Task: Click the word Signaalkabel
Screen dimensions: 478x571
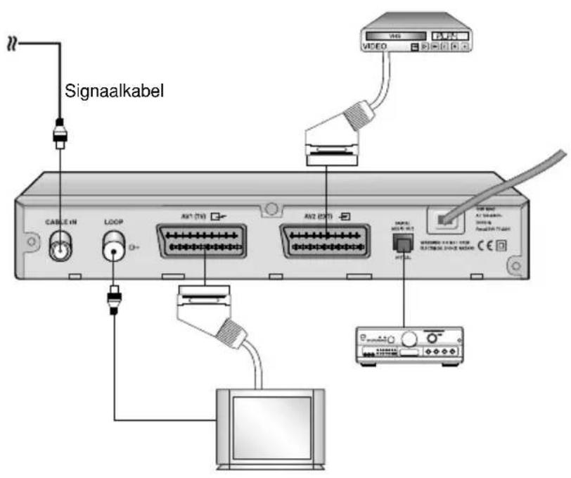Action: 115,92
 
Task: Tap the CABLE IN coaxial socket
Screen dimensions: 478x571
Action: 61,249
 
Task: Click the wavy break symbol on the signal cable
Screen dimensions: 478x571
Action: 11,43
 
